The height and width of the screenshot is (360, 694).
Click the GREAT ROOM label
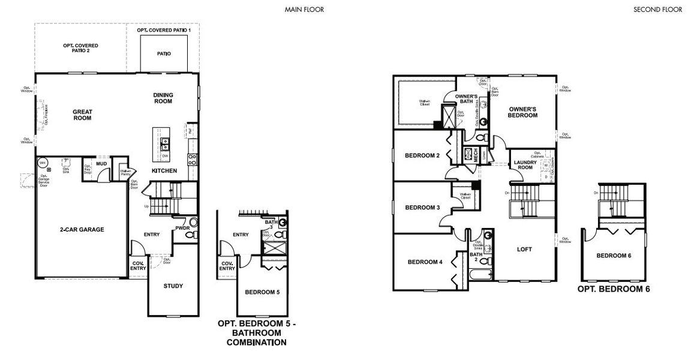coord(82,115)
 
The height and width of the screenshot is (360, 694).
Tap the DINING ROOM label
coord(163,98)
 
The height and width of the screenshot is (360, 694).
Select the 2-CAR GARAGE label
coord(82,229)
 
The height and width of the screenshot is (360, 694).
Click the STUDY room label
coord(173,286)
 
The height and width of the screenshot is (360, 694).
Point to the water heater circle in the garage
coord(43,163)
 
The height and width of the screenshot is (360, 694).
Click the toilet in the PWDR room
coord(191,236)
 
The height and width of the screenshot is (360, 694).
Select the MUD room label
coord(101,163)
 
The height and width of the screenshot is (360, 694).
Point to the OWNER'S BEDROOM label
coord(523,112)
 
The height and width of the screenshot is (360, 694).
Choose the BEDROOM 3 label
coord(422,208)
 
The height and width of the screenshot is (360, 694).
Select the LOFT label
coord(524,249)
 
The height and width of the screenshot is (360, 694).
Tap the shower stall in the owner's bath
coord(448,115)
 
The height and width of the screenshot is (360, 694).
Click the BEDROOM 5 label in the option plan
coord(262,292)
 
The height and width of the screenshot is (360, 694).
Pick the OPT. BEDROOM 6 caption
coord(614,289)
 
